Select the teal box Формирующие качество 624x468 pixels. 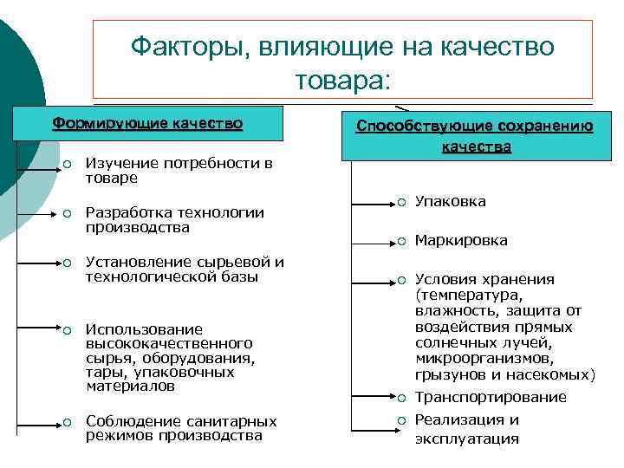147,123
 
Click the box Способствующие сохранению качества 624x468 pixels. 475,136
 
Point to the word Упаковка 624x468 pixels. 451,202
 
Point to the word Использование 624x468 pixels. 132,329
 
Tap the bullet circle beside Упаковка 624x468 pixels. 402,202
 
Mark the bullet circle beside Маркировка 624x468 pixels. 402,240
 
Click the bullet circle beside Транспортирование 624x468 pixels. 402,397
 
